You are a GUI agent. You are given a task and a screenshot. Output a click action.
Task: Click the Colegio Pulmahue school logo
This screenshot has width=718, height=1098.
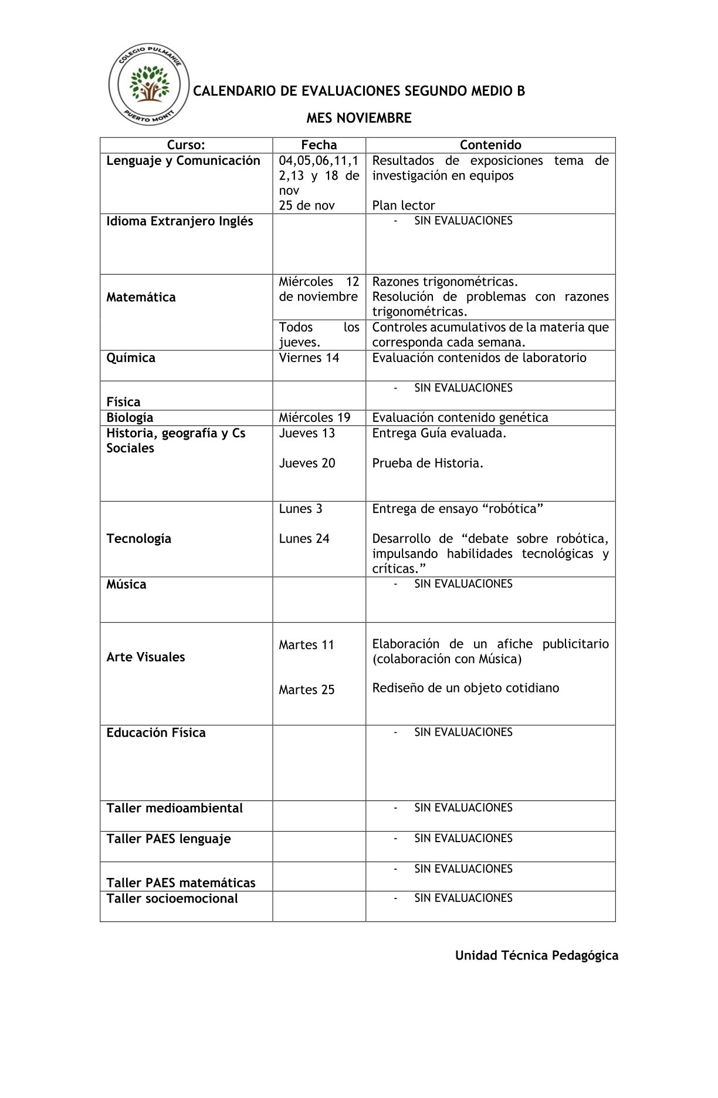(x=148, y=86)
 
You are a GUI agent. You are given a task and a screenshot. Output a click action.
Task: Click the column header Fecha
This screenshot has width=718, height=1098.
(x=319, y=145)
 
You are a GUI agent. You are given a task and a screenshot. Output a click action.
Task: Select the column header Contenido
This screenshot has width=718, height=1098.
(x=490, y=145)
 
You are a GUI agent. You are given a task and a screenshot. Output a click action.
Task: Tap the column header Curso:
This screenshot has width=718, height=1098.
(x=186, y=145)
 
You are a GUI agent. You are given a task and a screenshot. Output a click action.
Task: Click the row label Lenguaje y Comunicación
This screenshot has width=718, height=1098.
(x=183, y=161)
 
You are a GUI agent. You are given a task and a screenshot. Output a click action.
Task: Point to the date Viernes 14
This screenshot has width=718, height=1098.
(x=309, y=358)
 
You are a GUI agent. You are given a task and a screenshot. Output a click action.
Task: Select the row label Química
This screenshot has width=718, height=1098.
(x=131, y=358)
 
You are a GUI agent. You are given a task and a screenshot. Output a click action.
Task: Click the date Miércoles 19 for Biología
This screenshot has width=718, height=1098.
(x=314, y=418)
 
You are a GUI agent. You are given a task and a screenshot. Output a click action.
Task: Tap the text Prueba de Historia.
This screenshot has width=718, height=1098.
(x=428, y=463)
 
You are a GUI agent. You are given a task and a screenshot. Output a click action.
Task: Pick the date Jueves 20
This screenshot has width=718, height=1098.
(x=307, y=463)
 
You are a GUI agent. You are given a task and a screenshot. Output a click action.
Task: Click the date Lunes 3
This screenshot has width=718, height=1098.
(x=300, y=509)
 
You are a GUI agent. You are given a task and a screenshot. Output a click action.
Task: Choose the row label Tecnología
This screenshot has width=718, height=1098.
(x=139, y=539)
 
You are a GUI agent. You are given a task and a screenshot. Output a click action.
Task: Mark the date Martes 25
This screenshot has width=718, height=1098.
(x=307, y=690)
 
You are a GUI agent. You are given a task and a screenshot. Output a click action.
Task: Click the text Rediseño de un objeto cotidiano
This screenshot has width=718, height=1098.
(x=466, y=688)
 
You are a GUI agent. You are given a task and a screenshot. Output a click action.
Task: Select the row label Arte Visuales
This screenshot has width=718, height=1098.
(x=145, y=657)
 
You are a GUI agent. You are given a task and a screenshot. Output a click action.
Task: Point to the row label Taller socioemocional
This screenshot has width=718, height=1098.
(x=172, y=898)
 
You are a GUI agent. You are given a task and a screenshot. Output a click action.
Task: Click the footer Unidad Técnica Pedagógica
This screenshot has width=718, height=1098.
(x=537, y=955)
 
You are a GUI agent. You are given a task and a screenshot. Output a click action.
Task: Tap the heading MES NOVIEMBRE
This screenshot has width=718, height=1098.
(x=359, y=118)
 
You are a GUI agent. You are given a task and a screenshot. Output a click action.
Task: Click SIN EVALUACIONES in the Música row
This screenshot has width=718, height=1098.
(x=463, y=584)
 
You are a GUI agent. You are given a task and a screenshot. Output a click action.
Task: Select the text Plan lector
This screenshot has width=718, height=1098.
(x=404, y=205)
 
